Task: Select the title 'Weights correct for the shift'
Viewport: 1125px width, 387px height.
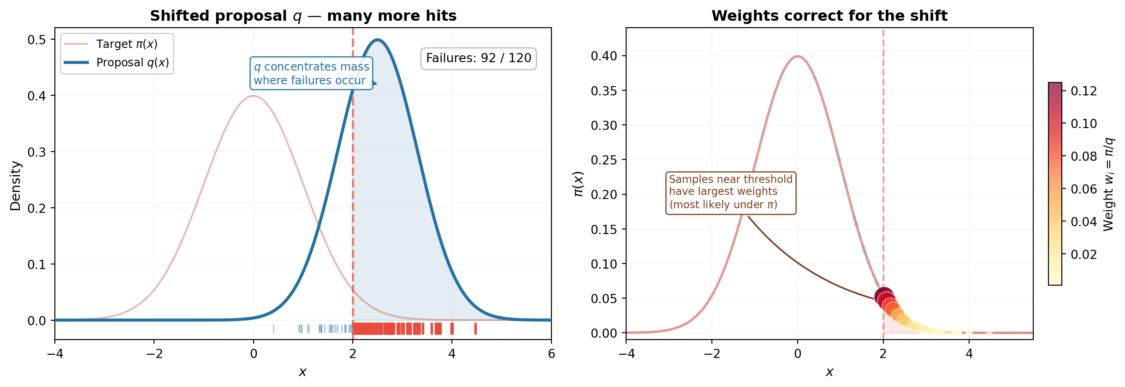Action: coord(829,16)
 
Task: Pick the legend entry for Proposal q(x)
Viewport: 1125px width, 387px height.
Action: coord(117,63)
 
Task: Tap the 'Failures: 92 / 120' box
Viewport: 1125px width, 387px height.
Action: coord(478,59)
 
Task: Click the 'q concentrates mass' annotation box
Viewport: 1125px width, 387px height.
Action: coord(311,73)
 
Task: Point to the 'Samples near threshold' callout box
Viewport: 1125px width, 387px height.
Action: coord(730,193)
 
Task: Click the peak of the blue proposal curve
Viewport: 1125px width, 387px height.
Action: coord(378,40)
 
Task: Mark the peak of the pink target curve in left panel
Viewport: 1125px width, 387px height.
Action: coord(254,96)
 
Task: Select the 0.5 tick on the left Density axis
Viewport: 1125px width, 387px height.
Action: coord(36,40)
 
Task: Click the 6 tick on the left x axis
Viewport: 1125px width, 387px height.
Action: coord(551,354)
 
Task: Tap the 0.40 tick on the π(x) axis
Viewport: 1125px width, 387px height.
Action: coord(604,56)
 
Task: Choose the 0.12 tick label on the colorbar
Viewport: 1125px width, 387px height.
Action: coord(1084,91)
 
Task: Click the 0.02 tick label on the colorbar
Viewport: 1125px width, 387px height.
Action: coord(1084,255)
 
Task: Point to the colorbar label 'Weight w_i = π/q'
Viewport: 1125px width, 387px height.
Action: coord(1109,184)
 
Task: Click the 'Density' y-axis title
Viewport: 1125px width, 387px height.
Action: coord(16,186)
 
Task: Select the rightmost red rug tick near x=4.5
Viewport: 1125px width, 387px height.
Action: coord(475,328)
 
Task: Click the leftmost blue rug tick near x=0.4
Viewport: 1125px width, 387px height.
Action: coord(273,328)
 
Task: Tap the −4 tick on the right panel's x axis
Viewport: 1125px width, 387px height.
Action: coord(626,354)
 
